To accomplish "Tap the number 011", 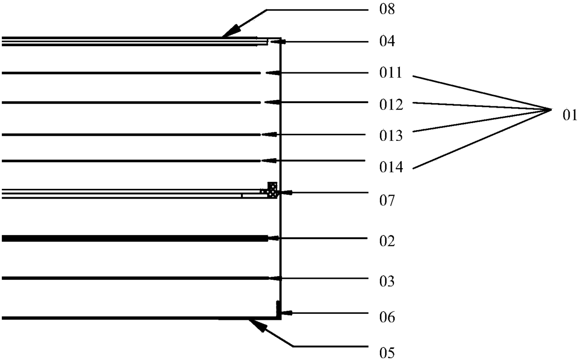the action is [x=390, y=73].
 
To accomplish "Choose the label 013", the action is [x=391, y=136].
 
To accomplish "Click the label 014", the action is [x=391, y=167].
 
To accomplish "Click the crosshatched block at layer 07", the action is [x=272, y=189].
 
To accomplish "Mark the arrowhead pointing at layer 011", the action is [x=271, y=73].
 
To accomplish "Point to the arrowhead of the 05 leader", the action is [x=256, y=325].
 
